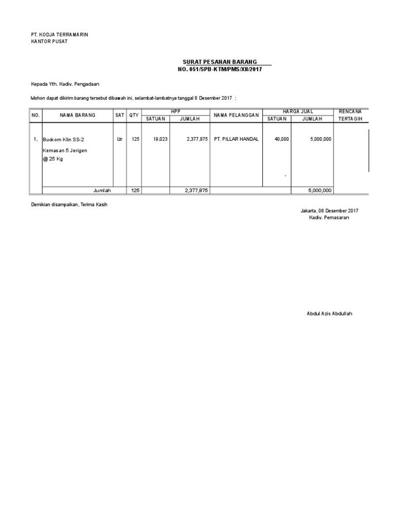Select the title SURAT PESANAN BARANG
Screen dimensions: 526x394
tap(220, 62)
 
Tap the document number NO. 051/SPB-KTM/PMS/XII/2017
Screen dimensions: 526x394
tap(219, 69)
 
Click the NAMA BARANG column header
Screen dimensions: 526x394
tap(77, 115)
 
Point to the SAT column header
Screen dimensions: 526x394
tap(120, 115)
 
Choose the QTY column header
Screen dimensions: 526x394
tap(134, 115)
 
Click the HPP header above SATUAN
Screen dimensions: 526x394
tap(176, 111)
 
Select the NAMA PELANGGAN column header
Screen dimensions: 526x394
tap(236, 115)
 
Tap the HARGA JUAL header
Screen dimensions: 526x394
tap(298, 111)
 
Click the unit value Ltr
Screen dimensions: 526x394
tap(120, 139)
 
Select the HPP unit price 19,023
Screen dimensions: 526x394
tap(160, 139)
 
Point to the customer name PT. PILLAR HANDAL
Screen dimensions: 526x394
tap(236, 139)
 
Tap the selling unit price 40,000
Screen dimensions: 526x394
tap(282, 139)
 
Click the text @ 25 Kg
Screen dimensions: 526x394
tap(53, 159)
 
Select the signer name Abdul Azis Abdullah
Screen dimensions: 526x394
tap(329, 313)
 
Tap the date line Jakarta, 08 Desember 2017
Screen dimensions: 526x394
tap(329, 211)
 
